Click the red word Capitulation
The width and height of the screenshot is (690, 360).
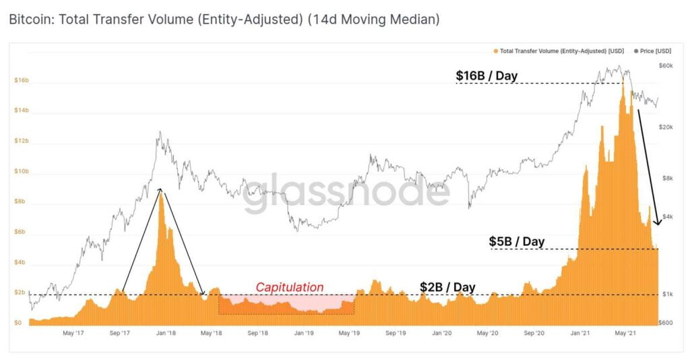[289, 287]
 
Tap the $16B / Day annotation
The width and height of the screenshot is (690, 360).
[487, 76]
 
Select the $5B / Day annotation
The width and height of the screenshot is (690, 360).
[516, 241]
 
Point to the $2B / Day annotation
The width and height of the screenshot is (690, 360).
[447, 287]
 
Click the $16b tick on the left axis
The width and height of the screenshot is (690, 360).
[21, 80]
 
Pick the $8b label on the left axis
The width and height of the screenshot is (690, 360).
[21, 202]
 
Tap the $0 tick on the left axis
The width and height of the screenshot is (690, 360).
[18, 323]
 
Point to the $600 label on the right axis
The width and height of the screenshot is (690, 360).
[665, 323]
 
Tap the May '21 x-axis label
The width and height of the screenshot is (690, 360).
[627, 332]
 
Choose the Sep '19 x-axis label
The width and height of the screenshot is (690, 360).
[396, 332]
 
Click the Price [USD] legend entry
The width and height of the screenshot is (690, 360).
[653, 51]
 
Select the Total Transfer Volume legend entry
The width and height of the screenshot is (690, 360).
[559, 51]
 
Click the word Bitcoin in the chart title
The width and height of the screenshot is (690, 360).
[30, 20]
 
